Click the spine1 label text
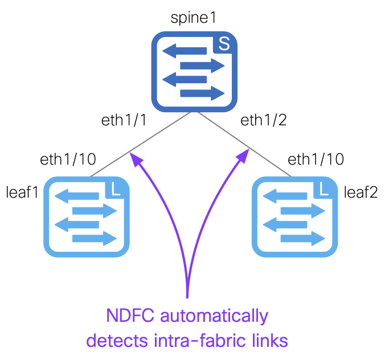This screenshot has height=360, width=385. tap(193, 18)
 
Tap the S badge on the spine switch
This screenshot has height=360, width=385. tap(224, 44)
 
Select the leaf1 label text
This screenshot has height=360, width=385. tap(22, 192)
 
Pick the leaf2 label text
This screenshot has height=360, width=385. tap(361, 192)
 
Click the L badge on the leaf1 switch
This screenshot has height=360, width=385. tap(115, 190)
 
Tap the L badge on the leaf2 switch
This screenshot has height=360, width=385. tap(323, 190)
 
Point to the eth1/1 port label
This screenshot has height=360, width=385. tap(124, 120)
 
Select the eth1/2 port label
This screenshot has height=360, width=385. tap(264, 120)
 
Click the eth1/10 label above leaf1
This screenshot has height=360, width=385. tap(68, 159)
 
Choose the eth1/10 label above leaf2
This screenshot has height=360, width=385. tap(316, 159)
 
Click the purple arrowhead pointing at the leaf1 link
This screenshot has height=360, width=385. tap(136, 159)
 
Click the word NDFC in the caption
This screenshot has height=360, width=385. tap(130, 316)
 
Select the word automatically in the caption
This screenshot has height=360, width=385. tap(214, 316)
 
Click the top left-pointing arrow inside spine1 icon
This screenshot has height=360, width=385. tap(185, 51)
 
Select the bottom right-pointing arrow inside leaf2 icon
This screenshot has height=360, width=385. tap(303, 239)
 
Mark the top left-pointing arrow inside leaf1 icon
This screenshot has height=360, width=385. tap(77, 196)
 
